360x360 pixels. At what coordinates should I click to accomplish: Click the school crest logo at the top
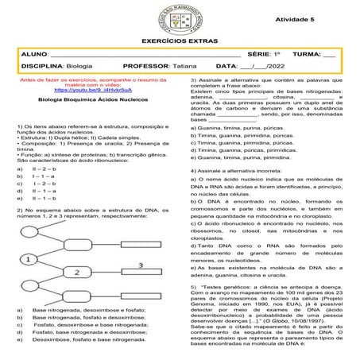point(180,17)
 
